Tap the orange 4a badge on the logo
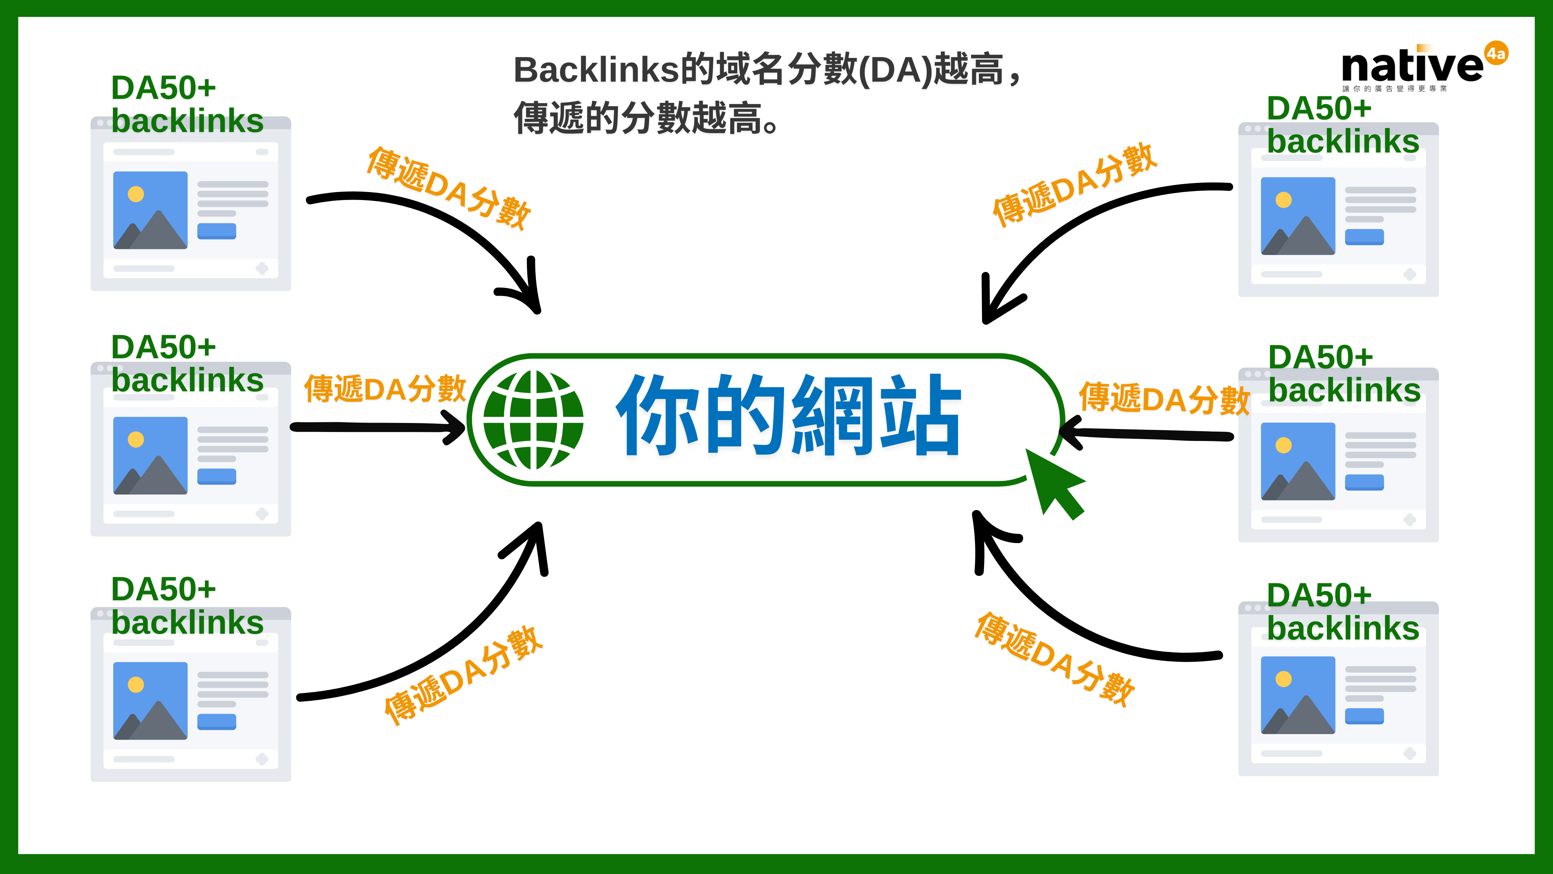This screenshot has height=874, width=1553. click(x=1496, y=53)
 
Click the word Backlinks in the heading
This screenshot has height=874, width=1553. click(x=596, y=70)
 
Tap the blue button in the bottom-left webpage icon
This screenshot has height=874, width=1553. click(x=216, y=721)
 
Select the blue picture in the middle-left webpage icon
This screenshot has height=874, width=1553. click(x=150, y=455)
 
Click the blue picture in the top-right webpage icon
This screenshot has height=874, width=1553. click(x=1298, y=216)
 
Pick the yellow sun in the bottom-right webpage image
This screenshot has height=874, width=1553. click(x=1283, y=679)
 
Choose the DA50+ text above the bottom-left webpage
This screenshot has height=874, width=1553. click(x=163, y=589)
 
